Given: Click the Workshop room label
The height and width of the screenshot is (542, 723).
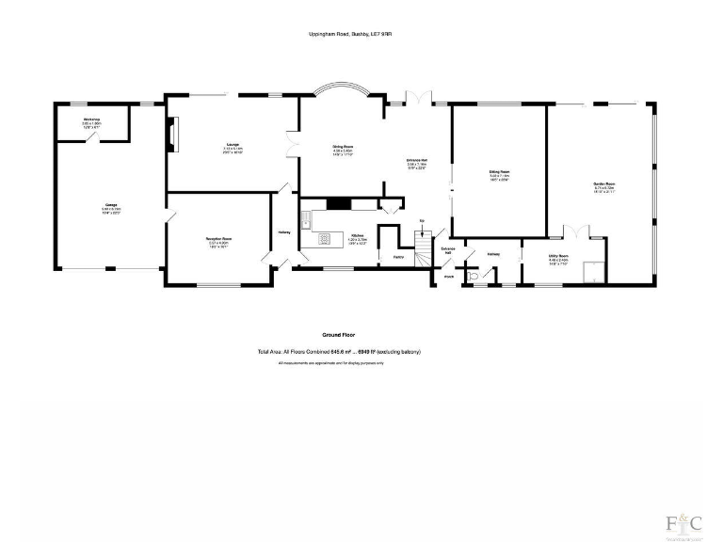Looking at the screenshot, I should tap(91, 120).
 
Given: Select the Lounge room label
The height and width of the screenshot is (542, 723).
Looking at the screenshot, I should tap(233, 145).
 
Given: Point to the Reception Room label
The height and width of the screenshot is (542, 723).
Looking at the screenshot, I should tap(218, 239).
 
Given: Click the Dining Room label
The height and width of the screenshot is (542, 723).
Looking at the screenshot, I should tap(342, 147).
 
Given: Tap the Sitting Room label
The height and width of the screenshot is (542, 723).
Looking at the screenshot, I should tap(498, 172).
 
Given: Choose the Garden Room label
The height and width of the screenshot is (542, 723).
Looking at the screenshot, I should tap(603, 183).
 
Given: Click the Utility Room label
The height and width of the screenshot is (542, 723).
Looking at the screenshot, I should tap(558, 255).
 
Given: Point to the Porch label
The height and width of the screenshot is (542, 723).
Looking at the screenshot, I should tap(449, 277).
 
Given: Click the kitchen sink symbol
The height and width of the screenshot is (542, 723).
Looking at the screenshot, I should tap(307, 222).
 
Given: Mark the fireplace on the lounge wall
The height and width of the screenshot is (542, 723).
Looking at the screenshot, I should tap(171, 134).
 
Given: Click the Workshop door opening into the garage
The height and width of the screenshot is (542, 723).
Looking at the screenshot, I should tap(92, 137).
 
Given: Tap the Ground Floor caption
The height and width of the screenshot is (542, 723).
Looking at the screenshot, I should tap(338, 335).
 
